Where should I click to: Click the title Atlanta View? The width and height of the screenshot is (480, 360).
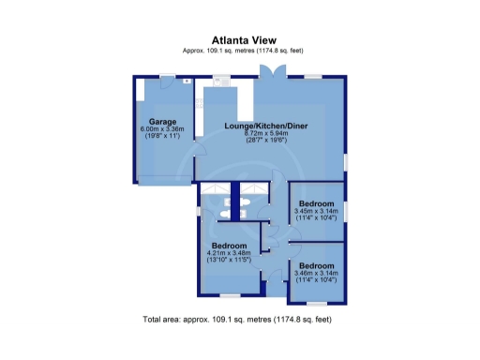(x=239, y=40)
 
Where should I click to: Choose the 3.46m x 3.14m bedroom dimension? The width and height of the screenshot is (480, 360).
(x=317, y=272)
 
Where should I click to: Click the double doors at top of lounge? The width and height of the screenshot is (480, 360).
(x=273, y=73)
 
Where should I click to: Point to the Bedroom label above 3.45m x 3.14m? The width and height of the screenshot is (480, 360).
(x=317, y=202)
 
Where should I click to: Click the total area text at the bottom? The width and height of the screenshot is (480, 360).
(x=237, y=320)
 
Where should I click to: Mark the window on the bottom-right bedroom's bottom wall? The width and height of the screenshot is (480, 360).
(x=318, y=303)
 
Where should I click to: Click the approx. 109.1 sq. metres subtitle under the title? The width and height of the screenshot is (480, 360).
(x=239, y=50)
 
